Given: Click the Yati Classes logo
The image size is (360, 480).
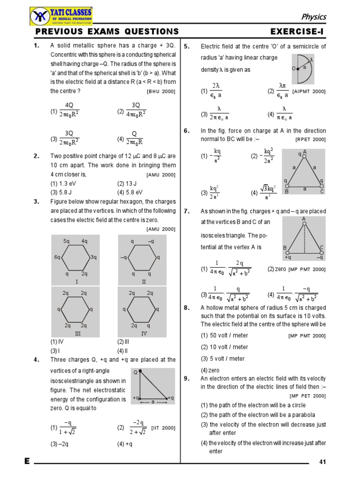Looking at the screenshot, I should point(61,16).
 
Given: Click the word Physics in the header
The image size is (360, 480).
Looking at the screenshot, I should point(313,17).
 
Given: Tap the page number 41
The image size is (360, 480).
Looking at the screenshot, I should point(322,462).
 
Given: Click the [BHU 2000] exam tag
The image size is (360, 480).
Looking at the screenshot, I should point(161,91).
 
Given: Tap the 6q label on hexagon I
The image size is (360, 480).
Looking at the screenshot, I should point(57,257).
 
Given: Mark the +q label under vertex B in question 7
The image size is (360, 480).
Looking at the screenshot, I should point(288,257).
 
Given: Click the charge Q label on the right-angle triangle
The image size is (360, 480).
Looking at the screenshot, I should point(135,373).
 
